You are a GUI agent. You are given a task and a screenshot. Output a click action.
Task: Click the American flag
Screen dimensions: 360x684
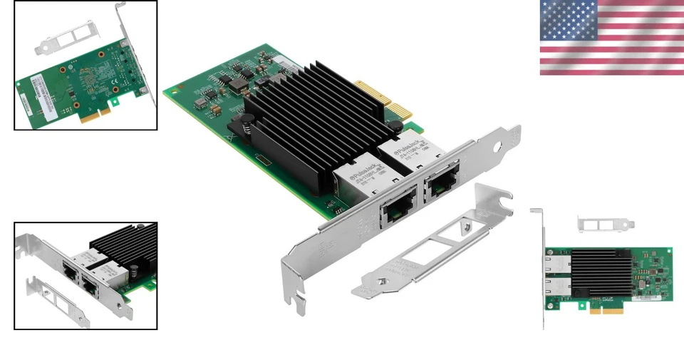(611, 37)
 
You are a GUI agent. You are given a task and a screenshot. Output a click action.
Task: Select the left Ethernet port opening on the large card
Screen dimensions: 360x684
(394, 211)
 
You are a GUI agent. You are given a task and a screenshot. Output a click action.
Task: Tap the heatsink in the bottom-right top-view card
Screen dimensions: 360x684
(601, 274)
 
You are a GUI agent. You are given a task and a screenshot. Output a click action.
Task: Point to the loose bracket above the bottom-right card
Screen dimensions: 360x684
(605, 224)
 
